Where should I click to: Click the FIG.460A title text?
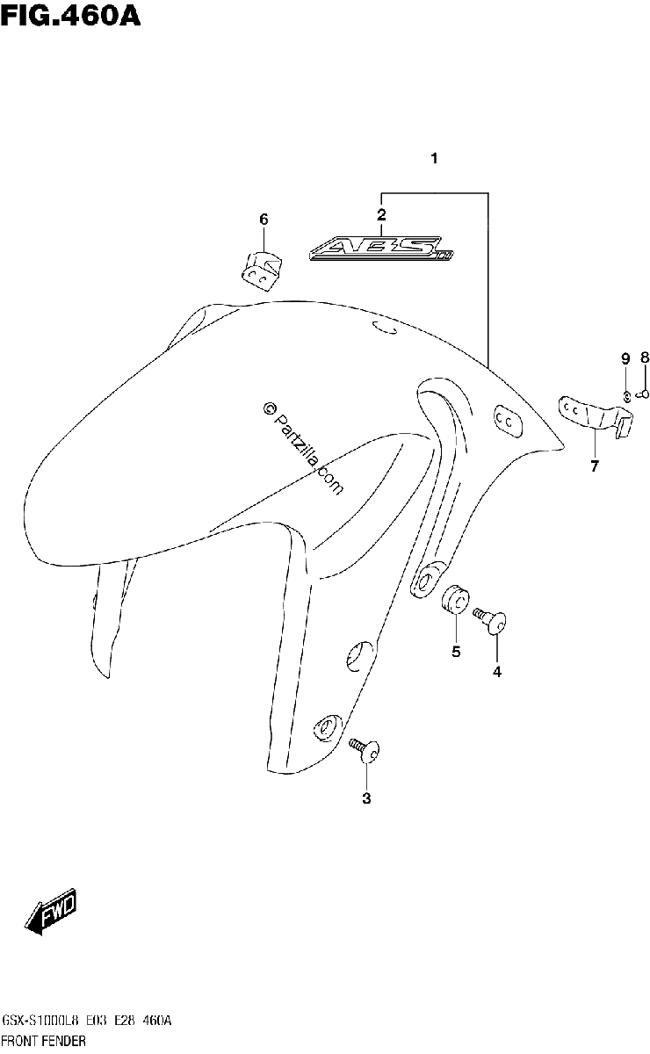70,16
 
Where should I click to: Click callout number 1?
435,159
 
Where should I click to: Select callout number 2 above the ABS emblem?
381,214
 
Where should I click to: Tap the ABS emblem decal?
381,249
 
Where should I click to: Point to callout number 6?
264,220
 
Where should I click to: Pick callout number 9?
625,359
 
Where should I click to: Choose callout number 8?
645,357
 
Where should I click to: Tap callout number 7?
594,466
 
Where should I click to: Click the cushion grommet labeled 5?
455,599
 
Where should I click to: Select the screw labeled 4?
490,621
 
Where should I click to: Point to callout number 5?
456,652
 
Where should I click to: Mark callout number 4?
497,673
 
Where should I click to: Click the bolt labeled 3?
365,750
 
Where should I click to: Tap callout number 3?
366,798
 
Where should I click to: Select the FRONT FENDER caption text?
44,1040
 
